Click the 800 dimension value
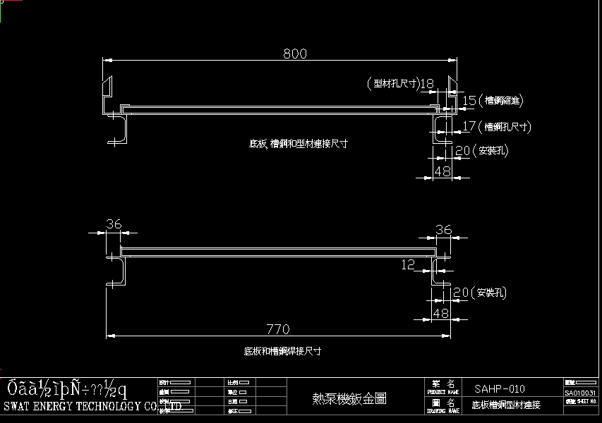point(296,54)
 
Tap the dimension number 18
point(427,84)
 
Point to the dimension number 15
point(469,101)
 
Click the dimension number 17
point(469,127)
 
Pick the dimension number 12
point(408,264)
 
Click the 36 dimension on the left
point(113,224)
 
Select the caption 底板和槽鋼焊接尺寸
point(282,350)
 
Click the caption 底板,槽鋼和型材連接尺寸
point(299,144)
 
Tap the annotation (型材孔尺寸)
point(392,84)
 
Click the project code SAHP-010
point(500,388)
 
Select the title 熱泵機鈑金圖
point(349,398)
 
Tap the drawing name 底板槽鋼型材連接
point(506,405)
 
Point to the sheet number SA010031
point(581,393)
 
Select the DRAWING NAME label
point(444,409)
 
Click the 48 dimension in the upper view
point(442,171)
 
